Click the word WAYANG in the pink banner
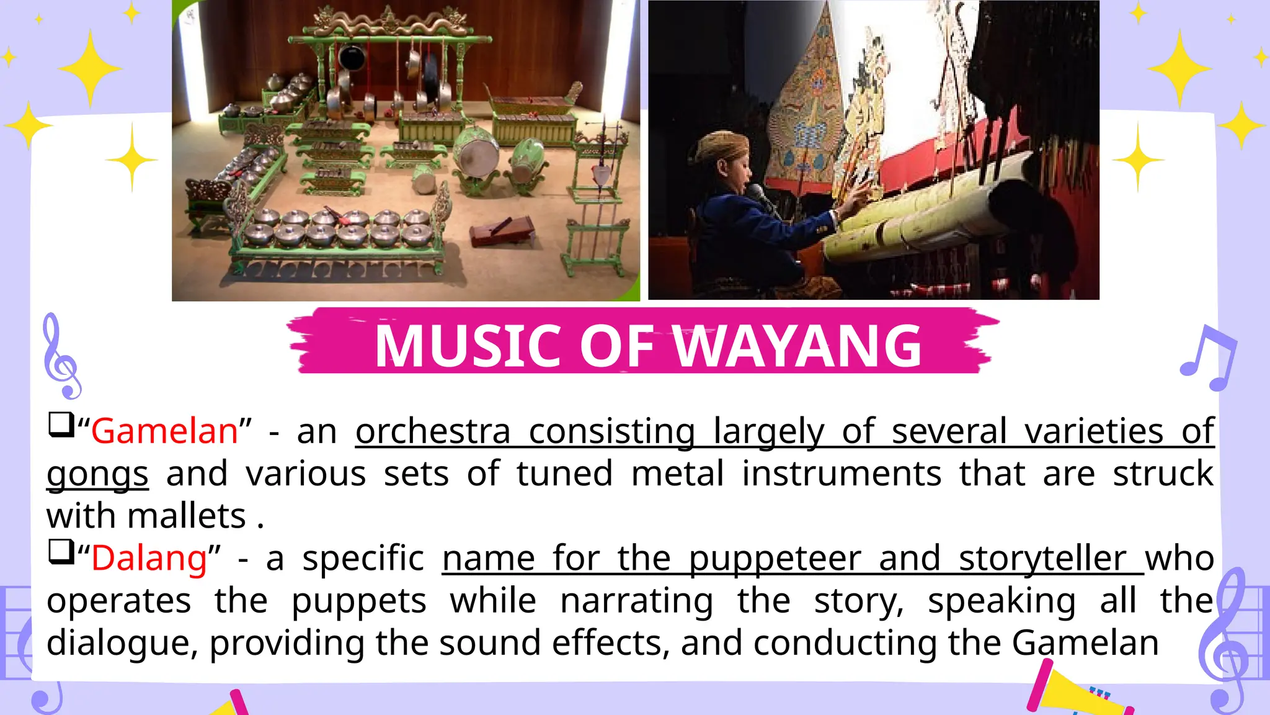click(x=797, y=346)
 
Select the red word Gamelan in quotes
click(x=165, y=431)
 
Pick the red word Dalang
click(x=149, y=558)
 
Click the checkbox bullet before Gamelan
click(x=61, y=425)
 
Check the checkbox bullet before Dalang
click(x=61, y=552)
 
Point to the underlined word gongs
click(x=97, y=474)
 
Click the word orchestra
click(x=433, y=431)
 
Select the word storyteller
click(x=1042, y=558)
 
